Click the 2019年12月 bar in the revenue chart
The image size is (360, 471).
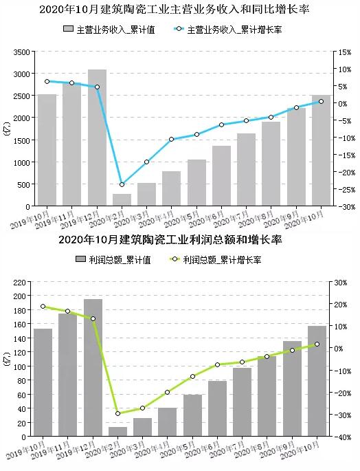tap(97, 138)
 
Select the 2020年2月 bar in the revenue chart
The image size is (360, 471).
tap(122, 200)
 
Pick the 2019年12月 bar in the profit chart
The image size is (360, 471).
tap(93, 367)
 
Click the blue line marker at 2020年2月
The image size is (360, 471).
tap(122, 184)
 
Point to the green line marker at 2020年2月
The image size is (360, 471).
tap(117, 413)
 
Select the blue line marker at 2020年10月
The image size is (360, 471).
tap(321, 102)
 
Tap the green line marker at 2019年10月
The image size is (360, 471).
tap(43, 307)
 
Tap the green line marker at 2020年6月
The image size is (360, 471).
tap(217, 364)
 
